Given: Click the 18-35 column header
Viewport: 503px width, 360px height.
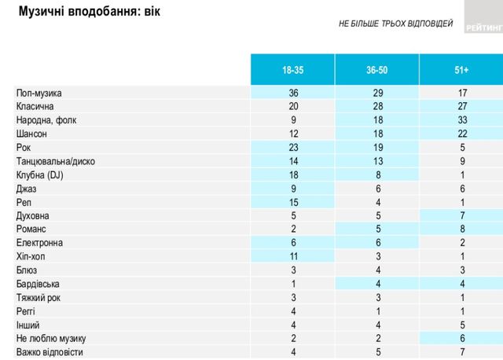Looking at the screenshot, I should pos(292,71).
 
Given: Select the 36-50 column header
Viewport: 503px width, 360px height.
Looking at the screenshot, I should pos(376,71).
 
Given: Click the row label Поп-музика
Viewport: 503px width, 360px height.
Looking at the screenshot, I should pos(39,93).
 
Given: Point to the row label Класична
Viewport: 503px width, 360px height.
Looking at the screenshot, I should pos(35,106).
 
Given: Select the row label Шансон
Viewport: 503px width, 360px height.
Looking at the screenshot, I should pos(33,133).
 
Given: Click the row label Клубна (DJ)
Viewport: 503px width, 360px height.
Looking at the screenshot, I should pos(39,174).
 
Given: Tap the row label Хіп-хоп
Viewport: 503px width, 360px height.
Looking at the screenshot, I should pos(33,256).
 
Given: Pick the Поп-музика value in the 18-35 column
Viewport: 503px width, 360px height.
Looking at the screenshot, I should pos(292,93).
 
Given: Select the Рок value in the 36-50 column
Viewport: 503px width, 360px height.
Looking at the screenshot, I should pos(376,147).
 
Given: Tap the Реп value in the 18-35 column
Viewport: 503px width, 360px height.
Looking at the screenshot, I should pos(292,202).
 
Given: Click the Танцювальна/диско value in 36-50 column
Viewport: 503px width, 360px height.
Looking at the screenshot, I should pos(376,160).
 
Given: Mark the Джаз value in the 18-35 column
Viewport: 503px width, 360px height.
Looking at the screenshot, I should pos(292,188).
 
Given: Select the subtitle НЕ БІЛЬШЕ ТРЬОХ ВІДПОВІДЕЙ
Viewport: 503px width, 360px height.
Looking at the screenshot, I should pos(395,24).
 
